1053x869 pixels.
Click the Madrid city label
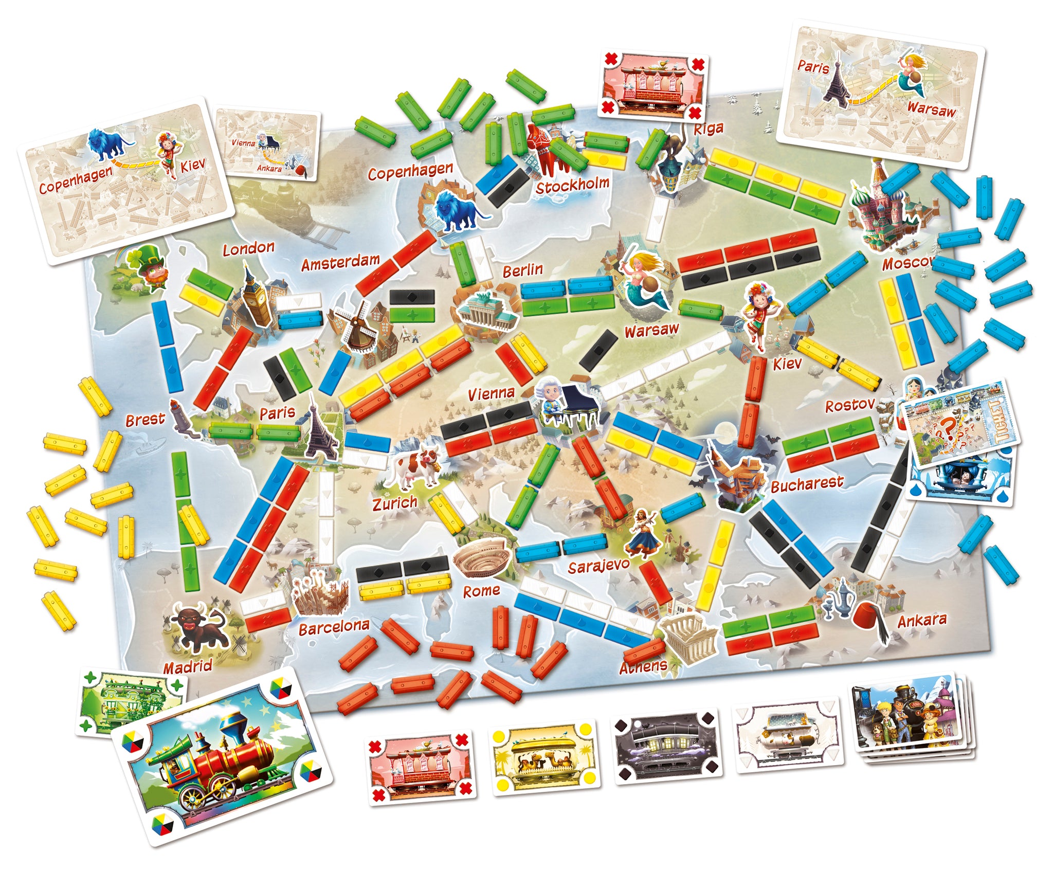point(188,667)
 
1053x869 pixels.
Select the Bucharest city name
point(807,484)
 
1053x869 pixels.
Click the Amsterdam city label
point(340,263)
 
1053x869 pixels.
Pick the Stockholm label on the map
point(572,186)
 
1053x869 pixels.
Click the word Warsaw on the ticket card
point(931,109)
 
